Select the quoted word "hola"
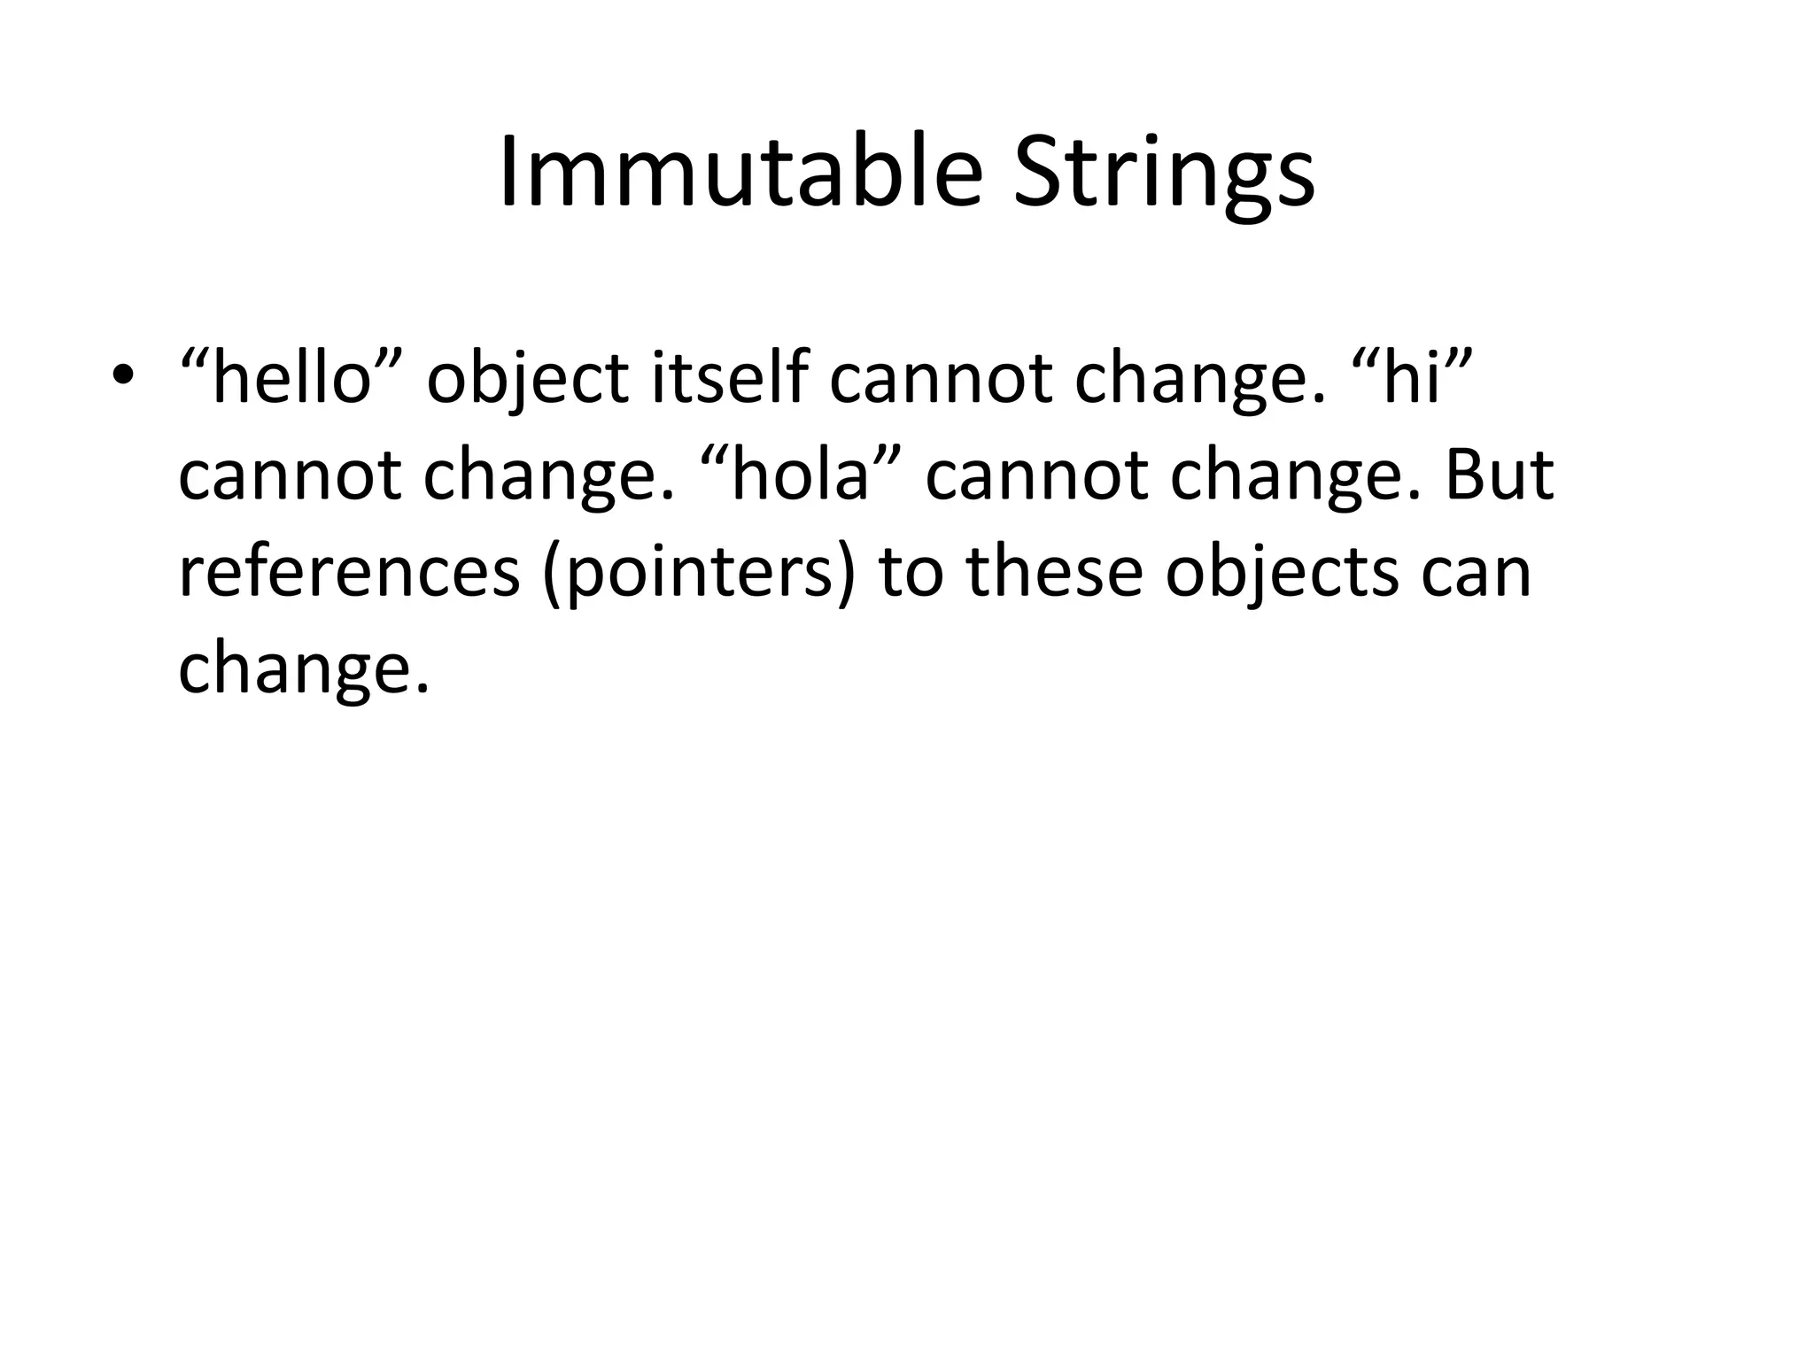[x=801, y=475]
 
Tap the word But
[x=1499, y=475]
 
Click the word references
[x=349, y=571]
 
